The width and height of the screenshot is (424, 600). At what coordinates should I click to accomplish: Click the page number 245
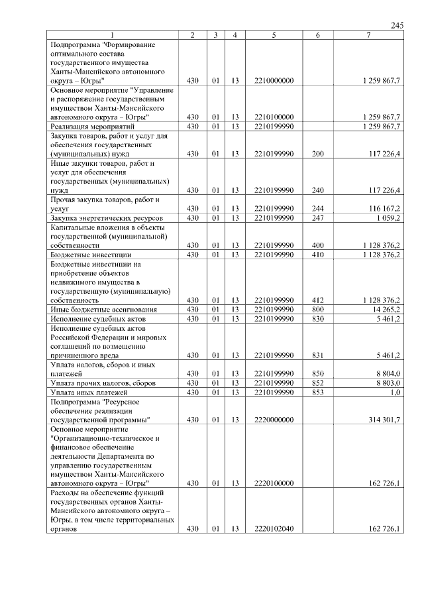coord(396,25)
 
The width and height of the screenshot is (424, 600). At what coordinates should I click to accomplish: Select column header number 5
coord(273,34)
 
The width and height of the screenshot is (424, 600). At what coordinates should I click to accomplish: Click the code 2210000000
coord(273,80)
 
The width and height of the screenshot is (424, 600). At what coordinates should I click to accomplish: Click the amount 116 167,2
coord(381,208)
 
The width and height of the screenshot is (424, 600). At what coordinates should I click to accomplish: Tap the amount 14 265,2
coord(383,309)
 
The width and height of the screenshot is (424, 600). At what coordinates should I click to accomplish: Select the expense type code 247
coord(317,217)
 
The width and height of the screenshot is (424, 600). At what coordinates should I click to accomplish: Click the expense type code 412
coord(317,300)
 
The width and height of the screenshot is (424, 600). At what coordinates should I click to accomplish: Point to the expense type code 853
coord(317,392)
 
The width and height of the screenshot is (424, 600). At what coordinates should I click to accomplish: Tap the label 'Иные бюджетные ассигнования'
coord(103,309)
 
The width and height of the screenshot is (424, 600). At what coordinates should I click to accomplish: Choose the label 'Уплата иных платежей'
coord(88,392)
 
